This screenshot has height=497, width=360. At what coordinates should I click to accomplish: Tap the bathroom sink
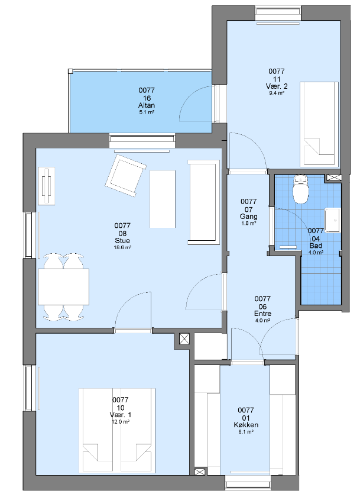click(332, 220)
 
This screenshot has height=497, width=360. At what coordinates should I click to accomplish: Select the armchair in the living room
click(126, 175)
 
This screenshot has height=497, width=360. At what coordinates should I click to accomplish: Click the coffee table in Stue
click(163, 199)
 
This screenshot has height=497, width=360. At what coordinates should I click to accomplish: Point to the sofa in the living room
click(203, 202)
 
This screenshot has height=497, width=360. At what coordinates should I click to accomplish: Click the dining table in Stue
click(63, 287)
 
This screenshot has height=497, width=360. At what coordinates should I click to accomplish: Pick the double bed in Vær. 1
click(117, 431)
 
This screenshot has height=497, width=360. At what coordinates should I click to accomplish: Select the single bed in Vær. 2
click(319, 124)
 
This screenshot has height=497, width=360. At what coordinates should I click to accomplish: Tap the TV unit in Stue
click(47, 186)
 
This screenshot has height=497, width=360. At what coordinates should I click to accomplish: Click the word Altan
click(147, 105)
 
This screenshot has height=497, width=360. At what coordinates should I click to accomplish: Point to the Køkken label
click(246, 425)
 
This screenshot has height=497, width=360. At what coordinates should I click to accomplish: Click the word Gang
click(248, 217)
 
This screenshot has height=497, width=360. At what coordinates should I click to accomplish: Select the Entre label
click(262, 314)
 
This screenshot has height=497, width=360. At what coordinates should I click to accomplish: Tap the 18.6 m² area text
click(122, 247)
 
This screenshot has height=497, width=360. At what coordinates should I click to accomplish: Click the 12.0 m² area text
click(121, 422)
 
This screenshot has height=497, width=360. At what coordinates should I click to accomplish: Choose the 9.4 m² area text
click(277, 93)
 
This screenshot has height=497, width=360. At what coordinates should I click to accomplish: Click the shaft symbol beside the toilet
click(333, 177)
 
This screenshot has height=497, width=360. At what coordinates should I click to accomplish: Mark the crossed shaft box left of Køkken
click(199, 473)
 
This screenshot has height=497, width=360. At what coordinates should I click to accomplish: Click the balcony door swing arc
click(194, 101)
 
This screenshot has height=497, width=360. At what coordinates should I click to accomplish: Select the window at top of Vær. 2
click(278, 13)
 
